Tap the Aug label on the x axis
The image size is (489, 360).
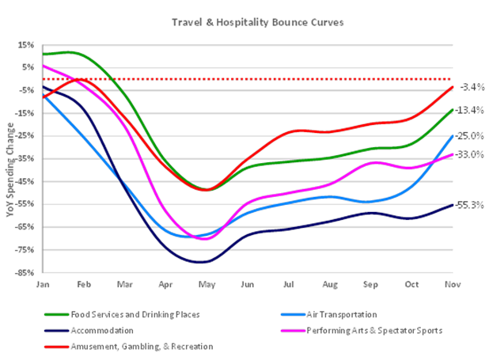329,283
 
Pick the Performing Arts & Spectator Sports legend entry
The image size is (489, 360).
373,330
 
